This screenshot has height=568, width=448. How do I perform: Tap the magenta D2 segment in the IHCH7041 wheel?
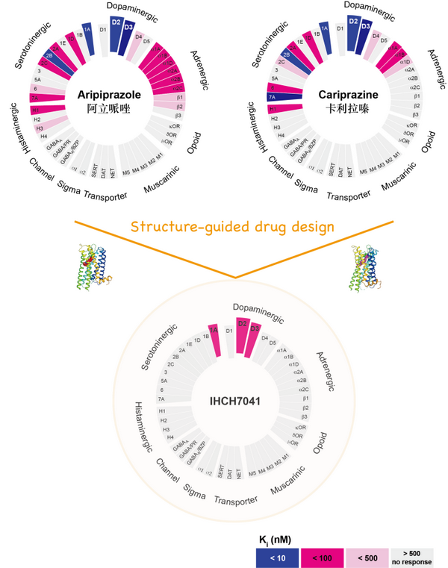click(x=242, y=335)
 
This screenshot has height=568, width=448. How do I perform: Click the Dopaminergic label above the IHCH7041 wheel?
click(x=258, y=311)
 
